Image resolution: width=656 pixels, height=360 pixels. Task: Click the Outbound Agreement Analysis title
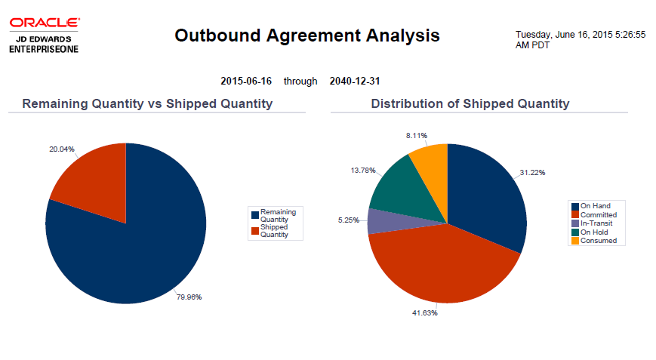306,35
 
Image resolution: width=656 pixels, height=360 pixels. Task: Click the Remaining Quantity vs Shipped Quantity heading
147,103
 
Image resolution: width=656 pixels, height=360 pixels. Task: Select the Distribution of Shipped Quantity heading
470,103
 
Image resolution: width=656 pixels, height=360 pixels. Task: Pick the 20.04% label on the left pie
62,149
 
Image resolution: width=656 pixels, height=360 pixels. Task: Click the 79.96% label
189,297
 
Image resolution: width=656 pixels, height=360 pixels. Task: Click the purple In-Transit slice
377,221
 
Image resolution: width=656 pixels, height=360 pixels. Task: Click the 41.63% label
424,312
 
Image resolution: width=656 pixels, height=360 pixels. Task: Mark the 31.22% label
532,173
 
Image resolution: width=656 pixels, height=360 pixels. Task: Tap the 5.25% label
348,220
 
